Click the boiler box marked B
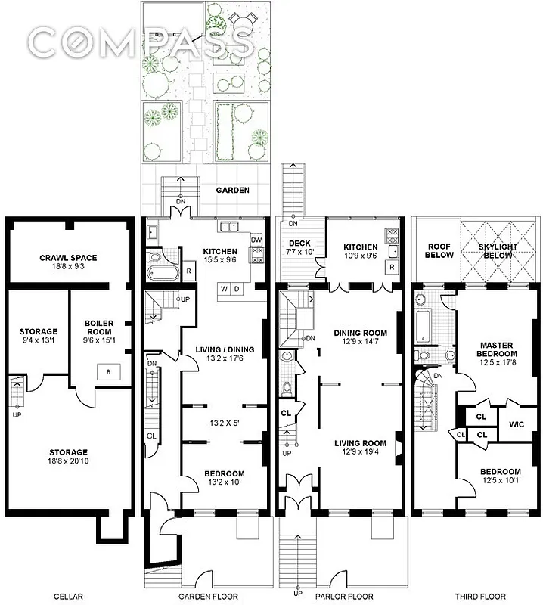point(107,371)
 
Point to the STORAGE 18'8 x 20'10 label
point(69,457)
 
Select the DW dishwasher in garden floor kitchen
point(256,240)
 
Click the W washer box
point(225,289)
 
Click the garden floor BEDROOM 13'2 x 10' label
point(224,479)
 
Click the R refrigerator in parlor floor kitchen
point(391,267)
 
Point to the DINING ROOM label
point(360,337)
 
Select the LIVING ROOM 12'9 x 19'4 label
point(359,448)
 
